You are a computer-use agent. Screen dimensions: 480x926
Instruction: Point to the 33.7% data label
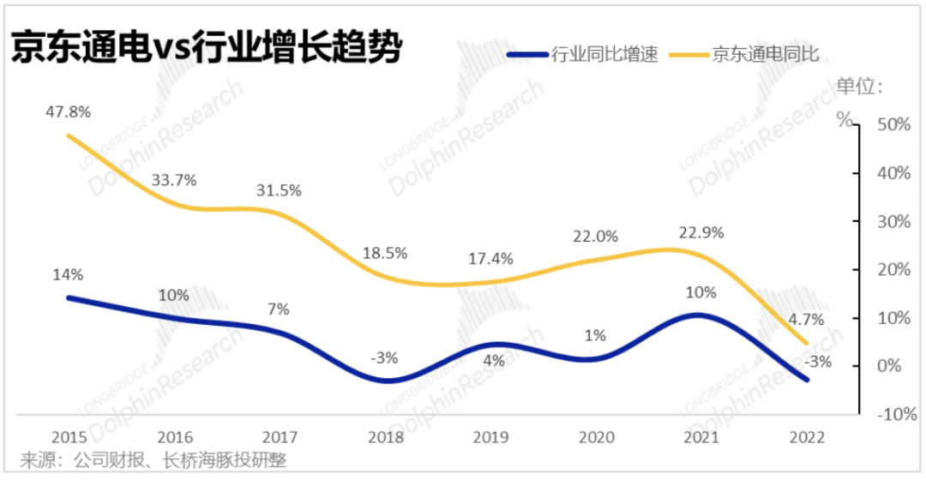click(x=174, y=180)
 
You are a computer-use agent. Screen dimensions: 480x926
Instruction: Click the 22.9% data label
click(x=701, y=232)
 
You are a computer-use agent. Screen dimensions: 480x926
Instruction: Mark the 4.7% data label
click(x=806, y=320)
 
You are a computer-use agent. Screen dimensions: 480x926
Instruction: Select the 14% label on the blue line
click(x=67, y=275)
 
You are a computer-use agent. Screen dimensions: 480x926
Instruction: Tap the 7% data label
click(x=279, y=309)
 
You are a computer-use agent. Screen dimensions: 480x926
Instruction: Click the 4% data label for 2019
click(x=493, y=361)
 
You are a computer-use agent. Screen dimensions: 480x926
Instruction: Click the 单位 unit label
click(x=857, y=86)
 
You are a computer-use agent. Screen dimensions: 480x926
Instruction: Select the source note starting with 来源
click(x=153, y=460)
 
